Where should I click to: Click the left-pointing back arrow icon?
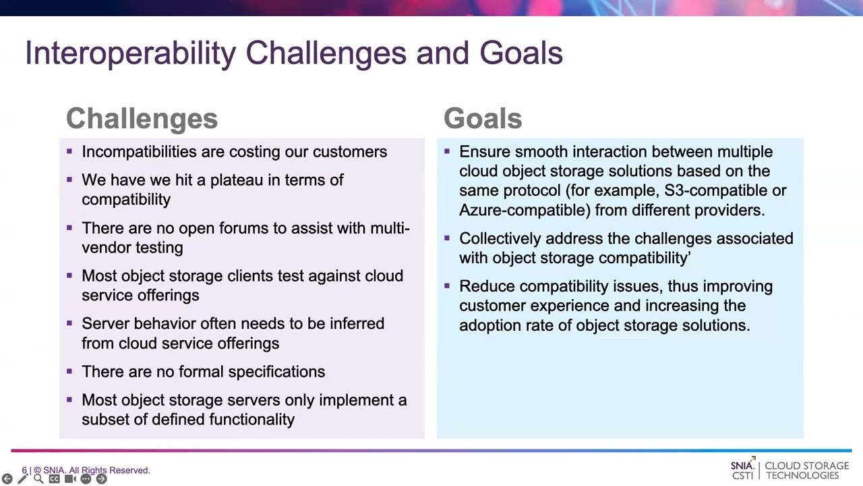[7, 479]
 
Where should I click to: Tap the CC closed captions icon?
[55, 479]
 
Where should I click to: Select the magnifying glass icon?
[38, 479]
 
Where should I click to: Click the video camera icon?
[70, 479]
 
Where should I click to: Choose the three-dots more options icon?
[86, 479]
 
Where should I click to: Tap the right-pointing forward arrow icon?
[101, 479]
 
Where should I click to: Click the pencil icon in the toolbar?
[23, 479]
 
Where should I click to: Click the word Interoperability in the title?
[131, 53]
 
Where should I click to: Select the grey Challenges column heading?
[142, 118]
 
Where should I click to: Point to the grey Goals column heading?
[483, 118]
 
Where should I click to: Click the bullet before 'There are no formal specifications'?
[69, 371]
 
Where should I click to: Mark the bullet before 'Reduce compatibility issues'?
[447, 286]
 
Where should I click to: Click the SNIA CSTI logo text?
[742, 470]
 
